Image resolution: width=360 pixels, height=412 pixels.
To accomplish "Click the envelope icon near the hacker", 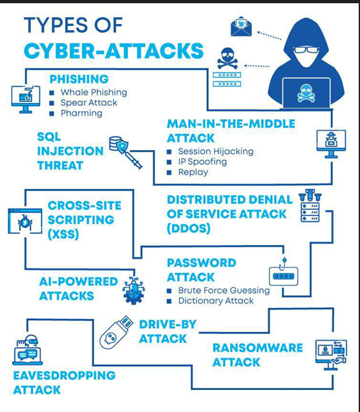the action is coord(241,27).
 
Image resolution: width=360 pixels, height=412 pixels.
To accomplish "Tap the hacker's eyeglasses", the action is coord(306,50).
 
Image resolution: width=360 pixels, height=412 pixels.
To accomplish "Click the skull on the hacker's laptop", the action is coord(306,93).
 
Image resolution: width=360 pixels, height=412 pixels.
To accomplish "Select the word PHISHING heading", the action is coord(79,79).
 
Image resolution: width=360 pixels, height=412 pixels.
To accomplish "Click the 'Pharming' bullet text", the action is coord(81,113).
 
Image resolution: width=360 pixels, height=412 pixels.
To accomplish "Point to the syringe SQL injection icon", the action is coord(126,153).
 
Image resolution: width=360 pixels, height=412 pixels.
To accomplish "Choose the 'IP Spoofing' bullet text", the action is coord(202,162).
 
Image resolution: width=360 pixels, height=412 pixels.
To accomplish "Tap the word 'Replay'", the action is coord(193,172).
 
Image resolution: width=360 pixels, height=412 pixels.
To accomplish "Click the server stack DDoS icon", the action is coord(310,206).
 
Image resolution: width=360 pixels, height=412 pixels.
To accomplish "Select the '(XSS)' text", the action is coord(63,234).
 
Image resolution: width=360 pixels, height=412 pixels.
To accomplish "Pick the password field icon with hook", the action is coord(284,272).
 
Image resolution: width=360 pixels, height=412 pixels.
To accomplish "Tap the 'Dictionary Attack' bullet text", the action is coord(216,301).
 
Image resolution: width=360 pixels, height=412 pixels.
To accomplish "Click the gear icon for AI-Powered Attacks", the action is coord(134,290).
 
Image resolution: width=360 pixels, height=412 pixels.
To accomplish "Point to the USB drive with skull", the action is coord(116,332).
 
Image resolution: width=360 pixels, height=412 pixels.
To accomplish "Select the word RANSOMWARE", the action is coord(258,348).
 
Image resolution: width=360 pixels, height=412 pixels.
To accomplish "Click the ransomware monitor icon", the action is coord(331,354).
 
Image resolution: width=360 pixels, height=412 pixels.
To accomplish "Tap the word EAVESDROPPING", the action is coord(65,376).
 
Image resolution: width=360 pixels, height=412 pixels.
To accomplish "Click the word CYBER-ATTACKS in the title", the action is coord(114,50).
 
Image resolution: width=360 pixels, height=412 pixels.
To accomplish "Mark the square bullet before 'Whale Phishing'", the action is coord(52,92).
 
